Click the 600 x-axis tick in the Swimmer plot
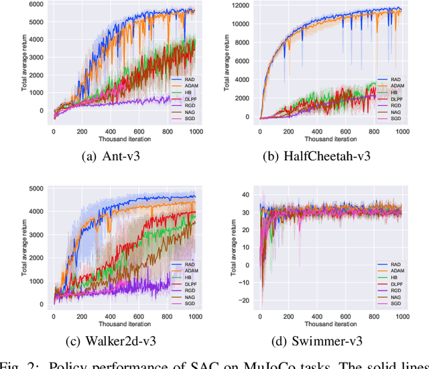click(x=346, y=315)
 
